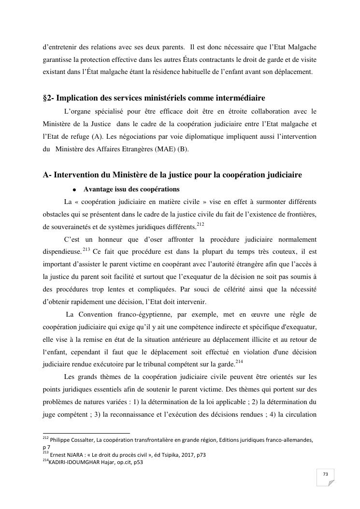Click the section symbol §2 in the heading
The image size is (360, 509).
click(x=47, y=98)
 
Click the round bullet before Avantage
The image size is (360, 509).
click(x=75, y=189)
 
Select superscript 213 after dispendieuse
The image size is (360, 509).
click(x=86, y=249)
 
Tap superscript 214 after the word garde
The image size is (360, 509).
click(x=239, y=362)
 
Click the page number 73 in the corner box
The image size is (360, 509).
click(x=325, y=475)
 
